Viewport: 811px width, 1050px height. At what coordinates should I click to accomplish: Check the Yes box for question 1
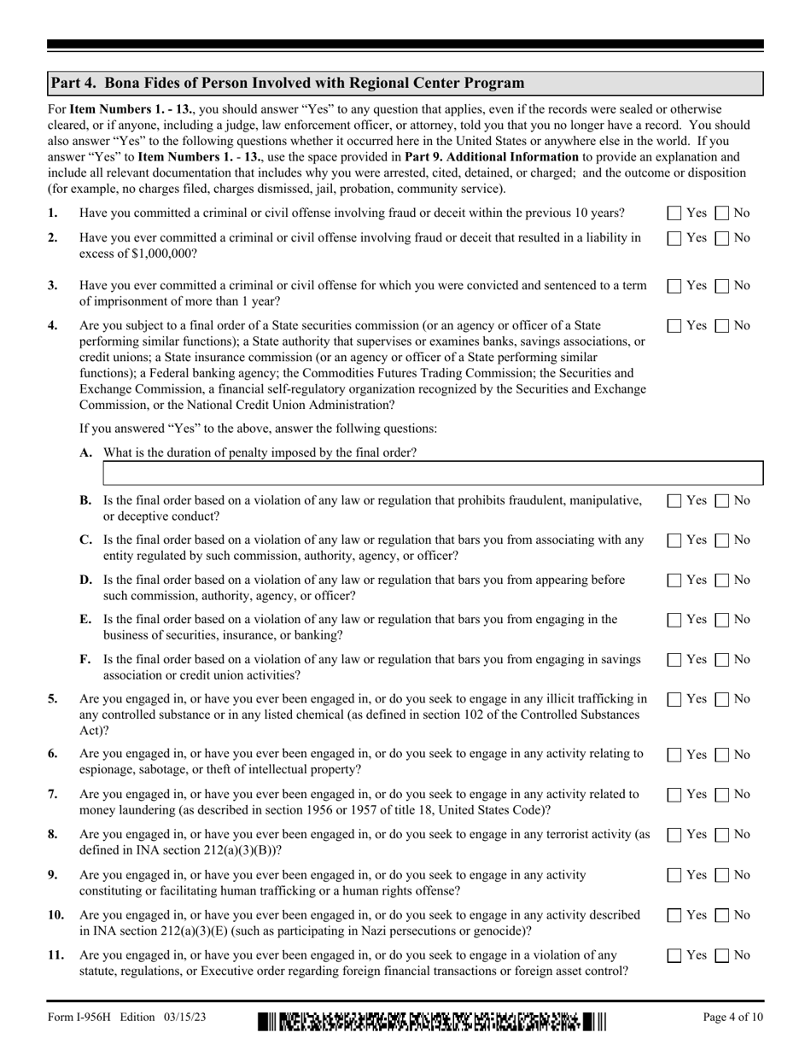click(x=674, y=213)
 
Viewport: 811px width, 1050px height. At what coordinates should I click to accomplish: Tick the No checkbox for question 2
click(x=721, y=238)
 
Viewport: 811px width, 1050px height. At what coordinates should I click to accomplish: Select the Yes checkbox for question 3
click(x=674, y=286)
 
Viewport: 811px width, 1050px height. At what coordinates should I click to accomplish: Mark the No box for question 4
click(x=721, y=325)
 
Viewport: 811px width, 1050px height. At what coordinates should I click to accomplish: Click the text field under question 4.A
click(x=432, y=473)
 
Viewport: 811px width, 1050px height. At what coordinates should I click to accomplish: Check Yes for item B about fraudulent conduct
click(x=674, y=501)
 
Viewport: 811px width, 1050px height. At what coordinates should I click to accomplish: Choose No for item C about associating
click(x=721, y=540)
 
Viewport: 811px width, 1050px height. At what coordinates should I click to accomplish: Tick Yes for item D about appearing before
click(x=674, y=580)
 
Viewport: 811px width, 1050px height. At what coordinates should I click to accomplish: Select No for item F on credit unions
click(x=721, y=660)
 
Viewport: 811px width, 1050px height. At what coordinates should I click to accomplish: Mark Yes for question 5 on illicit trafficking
click(x=674, y=699)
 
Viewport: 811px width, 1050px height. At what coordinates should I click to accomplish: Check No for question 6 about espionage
click(x=721, y=755)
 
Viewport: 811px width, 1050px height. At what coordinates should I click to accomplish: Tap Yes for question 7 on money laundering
click(x=674, y=795)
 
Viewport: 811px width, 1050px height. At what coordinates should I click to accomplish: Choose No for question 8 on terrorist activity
click(x=721, y=834)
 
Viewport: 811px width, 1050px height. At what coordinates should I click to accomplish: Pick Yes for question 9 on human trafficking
click(x=674, y=875)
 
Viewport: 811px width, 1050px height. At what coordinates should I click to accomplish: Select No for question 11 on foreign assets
click(x=721, y=955)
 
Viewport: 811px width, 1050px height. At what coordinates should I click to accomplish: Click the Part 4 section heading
click(x=288, y=83)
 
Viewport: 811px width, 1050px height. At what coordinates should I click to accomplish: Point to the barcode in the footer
click(x=431, y=1021)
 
